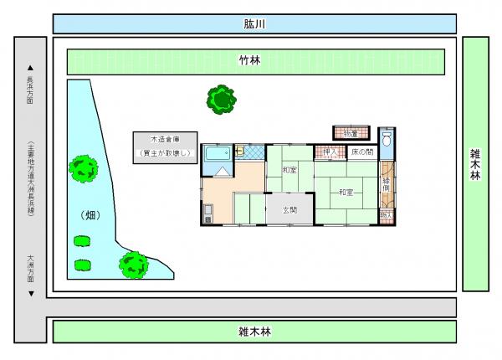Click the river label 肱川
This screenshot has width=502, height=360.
254,23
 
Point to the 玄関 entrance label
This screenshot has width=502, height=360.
290,209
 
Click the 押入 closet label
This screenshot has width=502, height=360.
330,152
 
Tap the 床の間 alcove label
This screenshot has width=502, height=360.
361,152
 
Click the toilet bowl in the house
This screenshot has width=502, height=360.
386,141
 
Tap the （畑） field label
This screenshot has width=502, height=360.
90,215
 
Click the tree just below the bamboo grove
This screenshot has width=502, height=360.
221,100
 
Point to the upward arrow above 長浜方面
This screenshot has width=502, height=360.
30,68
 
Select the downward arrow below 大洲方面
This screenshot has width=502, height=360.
30,294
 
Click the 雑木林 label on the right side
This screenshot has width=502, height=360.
475,164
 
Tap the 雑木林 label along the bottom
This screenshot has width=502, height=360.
254,332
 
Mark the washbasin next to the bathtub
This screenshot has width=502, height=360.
238,152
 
